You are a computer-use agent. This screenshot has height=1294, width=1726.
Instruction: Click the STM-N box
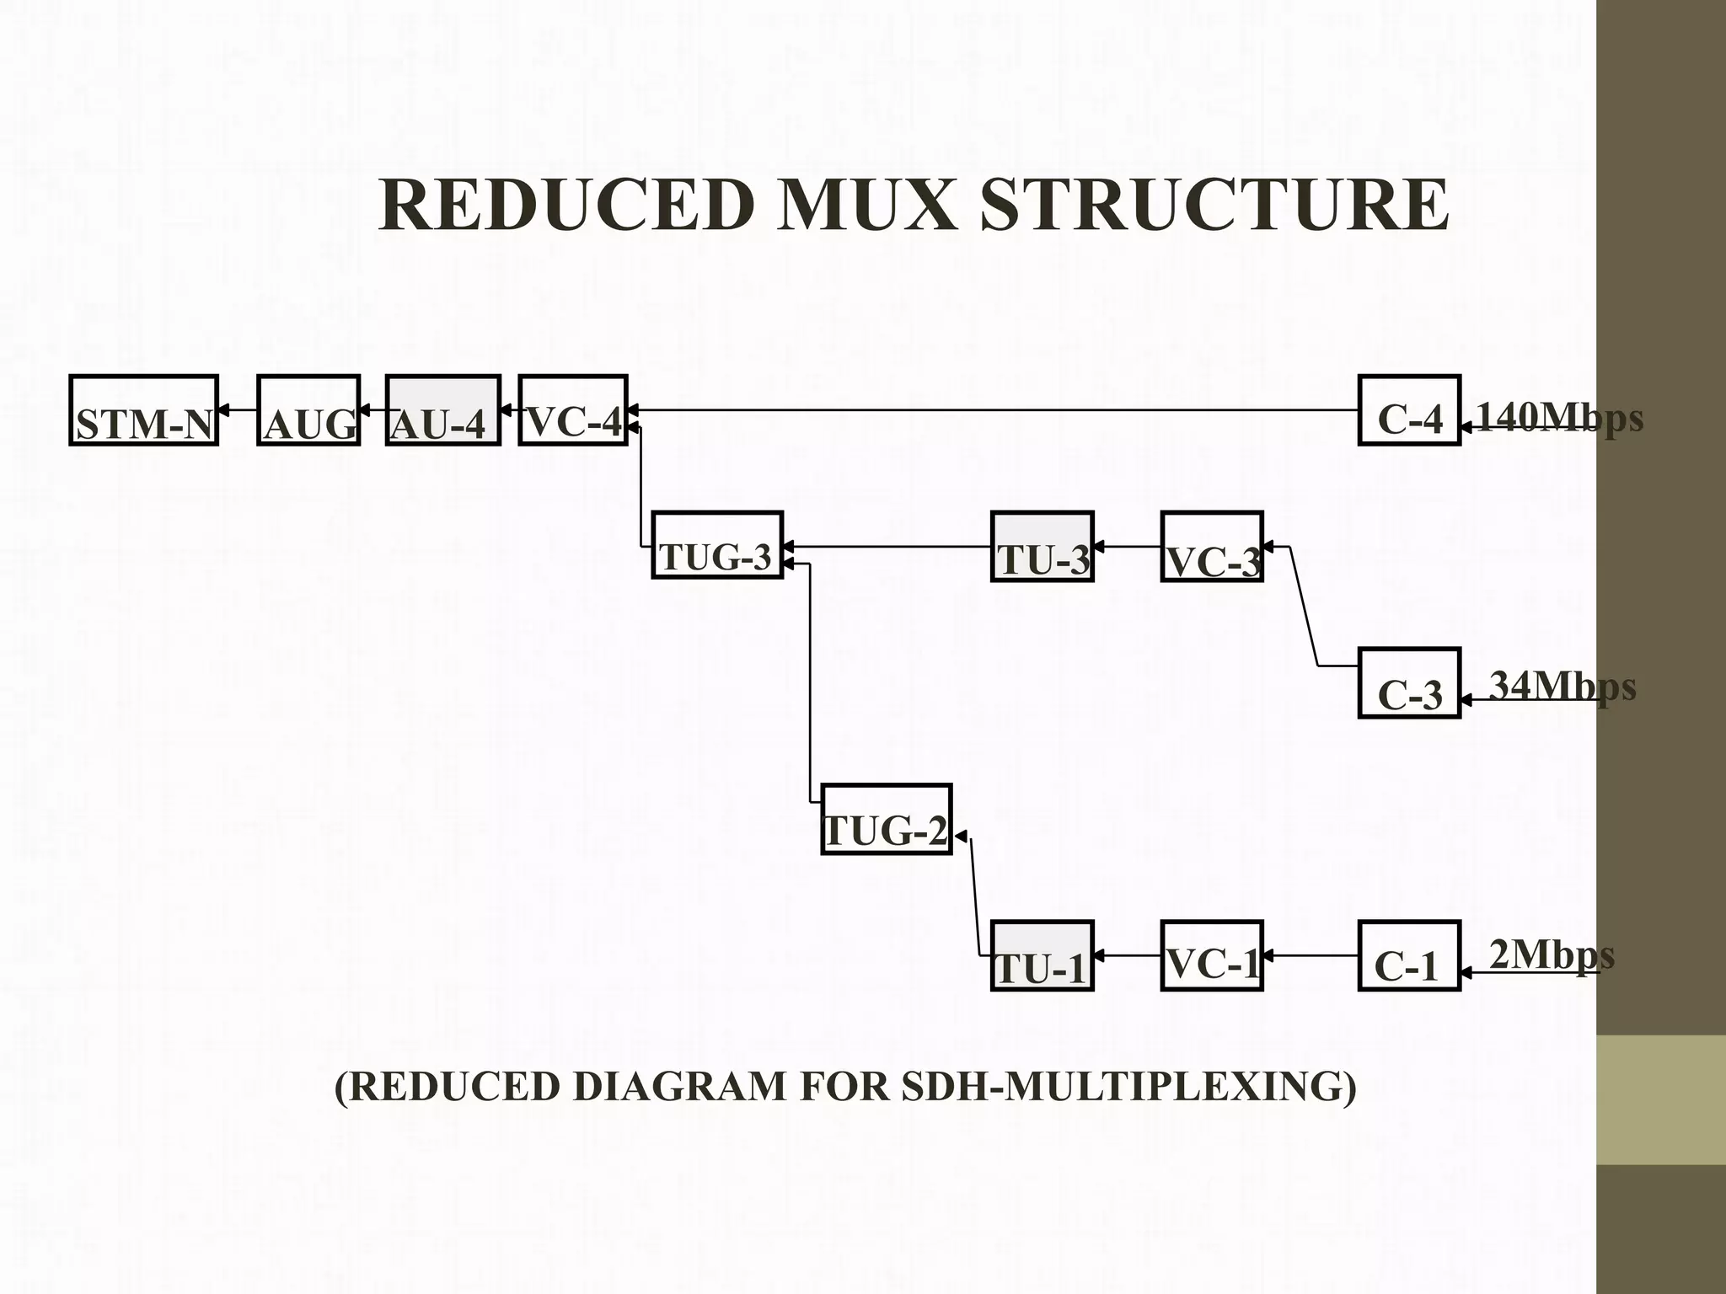coord(144,410)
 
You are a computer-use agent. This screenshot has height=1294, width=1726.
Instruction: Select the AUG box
coord(308,410)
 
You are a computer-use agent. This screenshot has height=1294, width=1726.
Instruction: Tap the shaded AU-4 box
coord(443,410)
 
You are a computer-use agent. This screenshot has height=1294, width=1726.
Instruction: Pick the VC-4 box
coord(573,410)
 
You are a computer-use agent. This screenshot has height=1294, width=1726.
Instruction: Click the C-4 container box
coord(1409,410)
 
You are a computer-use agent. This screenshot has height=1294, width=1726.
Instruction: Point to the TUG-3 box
coord(717,545)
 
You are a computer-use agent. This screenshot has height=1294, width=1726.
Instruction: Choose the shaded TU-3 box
coord(1043,547)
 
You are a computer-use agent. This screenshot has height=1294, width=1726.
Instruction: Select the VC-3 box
coord(1212,547)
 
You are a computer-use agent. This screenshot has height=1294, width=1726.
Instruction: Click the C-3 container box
coord(1409,683)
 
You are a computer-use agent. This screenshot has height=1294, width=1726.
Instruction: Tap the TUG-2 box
coord(887,820)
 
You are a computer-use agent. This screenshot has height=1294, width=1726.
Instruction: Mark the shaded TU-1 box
coord(1043,956)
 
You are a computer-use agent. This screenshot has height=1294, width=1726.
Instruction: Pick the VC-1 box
coord(1212,956)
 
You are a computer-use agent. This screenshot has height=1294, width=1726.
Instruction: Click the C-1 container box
coord(1409,956)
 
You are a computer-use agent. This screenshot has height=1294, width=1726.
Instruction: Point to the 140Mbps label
coord(1560,417)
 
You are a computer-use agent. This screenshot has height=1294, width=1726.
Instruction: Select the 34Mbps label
coord(1563,686)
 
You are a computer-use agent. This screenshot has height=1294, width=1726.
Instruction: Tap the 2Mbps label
coord(1552,954)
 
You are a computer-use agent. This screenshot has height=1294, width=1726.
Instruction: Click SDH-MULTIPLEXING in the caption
coord(1128,1086)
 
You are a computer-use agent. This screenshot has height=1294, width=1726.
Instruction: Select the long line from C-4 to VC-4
coord(994,410)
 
